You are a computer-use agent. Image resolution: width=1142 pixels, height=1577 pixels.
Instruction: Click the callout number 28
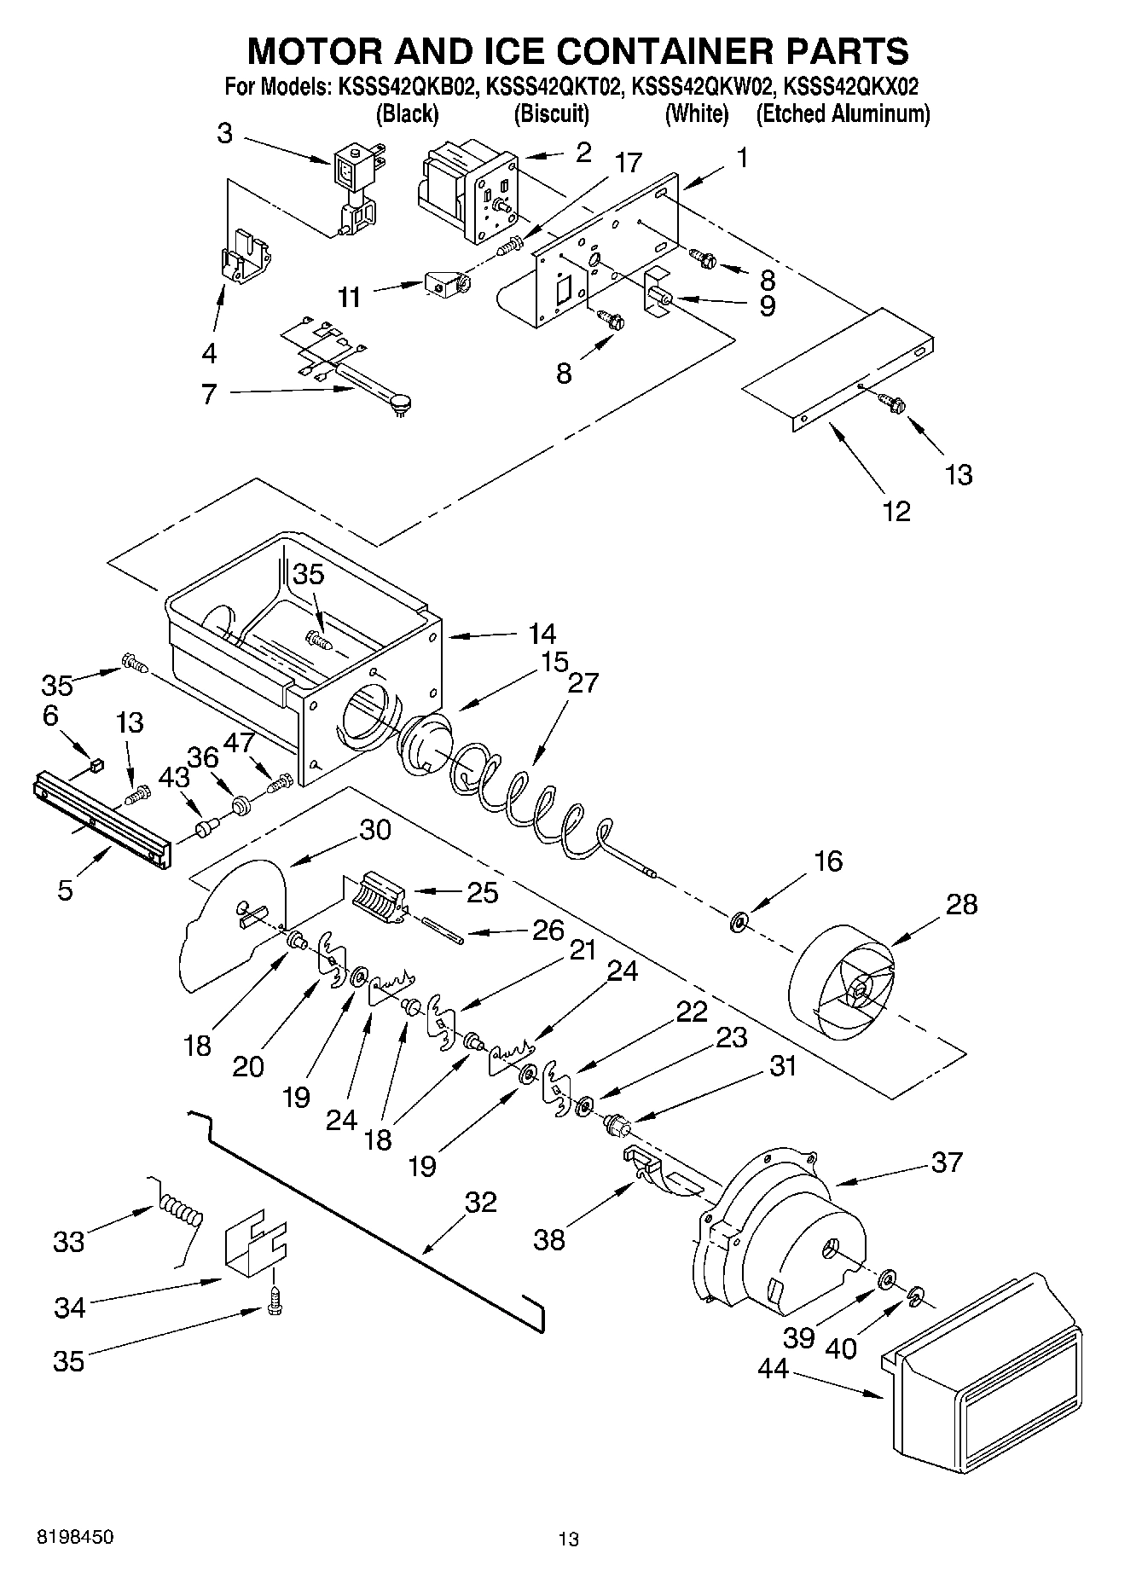pyautogui.click(x=961, y=905)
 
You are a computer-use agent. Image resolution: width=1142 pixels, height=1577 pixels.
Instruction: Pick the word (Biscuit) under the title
pyautogui.click(x=552, y=113)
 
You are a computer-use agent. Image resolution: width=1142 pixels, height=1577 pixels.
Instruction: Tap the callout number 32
pyautogui.click(x=480, y=1203)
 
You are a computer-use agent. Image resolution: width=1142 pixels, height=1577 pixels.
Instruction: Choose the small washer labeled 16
pyautogui.click(x=739, y=921)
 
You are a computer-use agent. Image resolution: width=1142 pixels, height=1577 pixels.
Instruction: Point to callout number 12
pyautogui.click(x=896, y=511)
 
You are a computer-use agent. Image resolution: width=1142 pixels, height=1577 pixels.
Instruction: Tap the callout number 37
pyautogui.click(x=947, y=1162)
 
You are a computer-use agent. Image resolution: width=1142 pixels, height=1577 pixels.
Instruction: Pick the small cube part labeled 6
pyautogui.click(x=96, y=764)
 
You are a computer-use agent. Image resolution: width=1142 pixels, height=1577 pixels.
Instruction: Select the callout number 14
pyautogui.click(x=542, y=634)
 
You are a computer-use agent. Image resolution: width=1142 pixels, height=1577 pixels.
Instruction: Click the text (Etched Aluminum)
pyautogui.click(x=843, y=113)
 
